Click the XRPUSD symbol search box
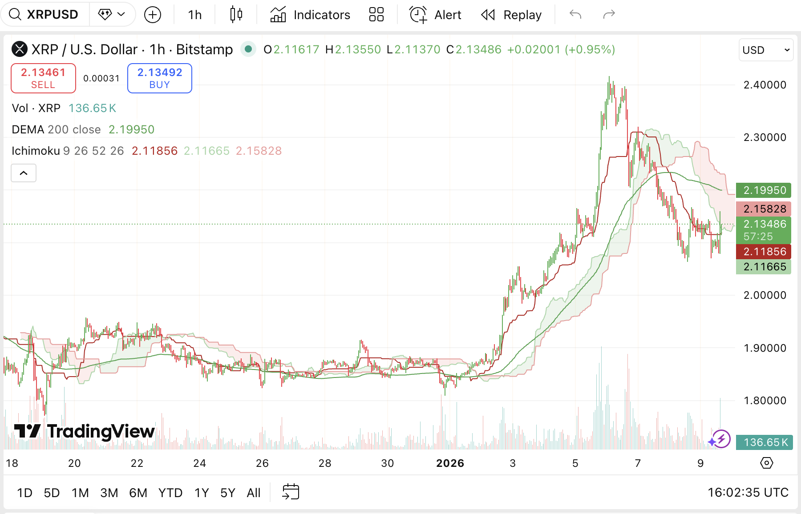44,15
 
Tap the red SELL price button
43,78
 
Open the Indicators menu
310,15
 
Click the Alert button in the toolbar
435,15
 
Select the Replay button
511,15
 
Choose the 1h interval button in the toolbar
194,15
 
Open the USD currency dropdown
765,50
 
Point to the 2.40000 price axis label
765,85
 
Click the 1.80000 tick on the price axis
765,401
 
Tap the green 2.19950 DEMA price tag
764,190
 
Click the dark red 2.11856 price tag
764,252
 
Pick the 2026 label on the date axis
450,463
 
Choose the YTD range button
170,493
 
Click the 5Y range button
227,493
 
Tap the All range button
254,493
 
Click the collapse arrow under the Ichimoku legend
24,173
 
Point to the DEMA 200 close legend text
56,129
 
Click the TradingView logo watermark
85,431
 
